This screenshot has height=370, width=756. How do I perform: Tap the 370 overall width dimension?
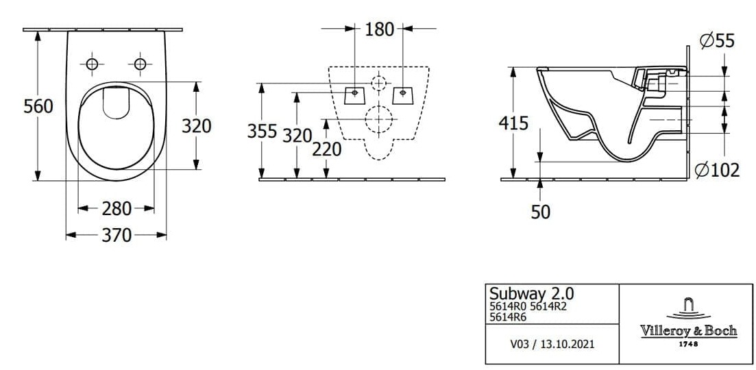point(117,235)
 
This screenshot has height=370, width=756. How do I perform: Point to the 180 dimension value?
point(379,29)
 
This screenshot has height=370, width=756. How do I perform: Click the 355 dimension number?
point(263,132)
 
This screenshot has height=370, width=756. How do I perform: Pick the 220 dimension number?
point(326,149)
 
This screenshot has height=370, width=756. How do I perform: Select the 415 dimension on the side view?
point(514,123)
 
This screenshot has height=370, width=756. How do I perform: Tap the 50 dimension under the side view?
point(541,212)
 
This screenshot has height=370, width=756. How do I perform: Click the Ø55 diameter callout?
point(716,42)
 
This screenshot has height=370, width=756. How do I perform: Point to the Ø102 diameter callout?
point(717,169)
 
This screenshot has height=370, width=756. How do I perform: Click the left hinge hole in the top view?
point(92,64)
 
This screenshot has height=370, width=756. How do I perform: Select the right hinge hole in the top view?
point(141,64)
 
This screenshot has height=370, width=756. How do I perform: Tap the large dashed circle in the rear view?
point(378,120)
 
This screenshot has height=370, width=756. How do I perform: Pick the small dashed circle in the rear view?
point(378,84)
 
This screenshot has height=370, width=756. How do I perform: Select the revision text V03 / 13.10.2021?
point(552,343)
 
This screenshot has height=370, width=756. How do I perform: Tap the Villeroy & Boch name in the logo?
point(688,330)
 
